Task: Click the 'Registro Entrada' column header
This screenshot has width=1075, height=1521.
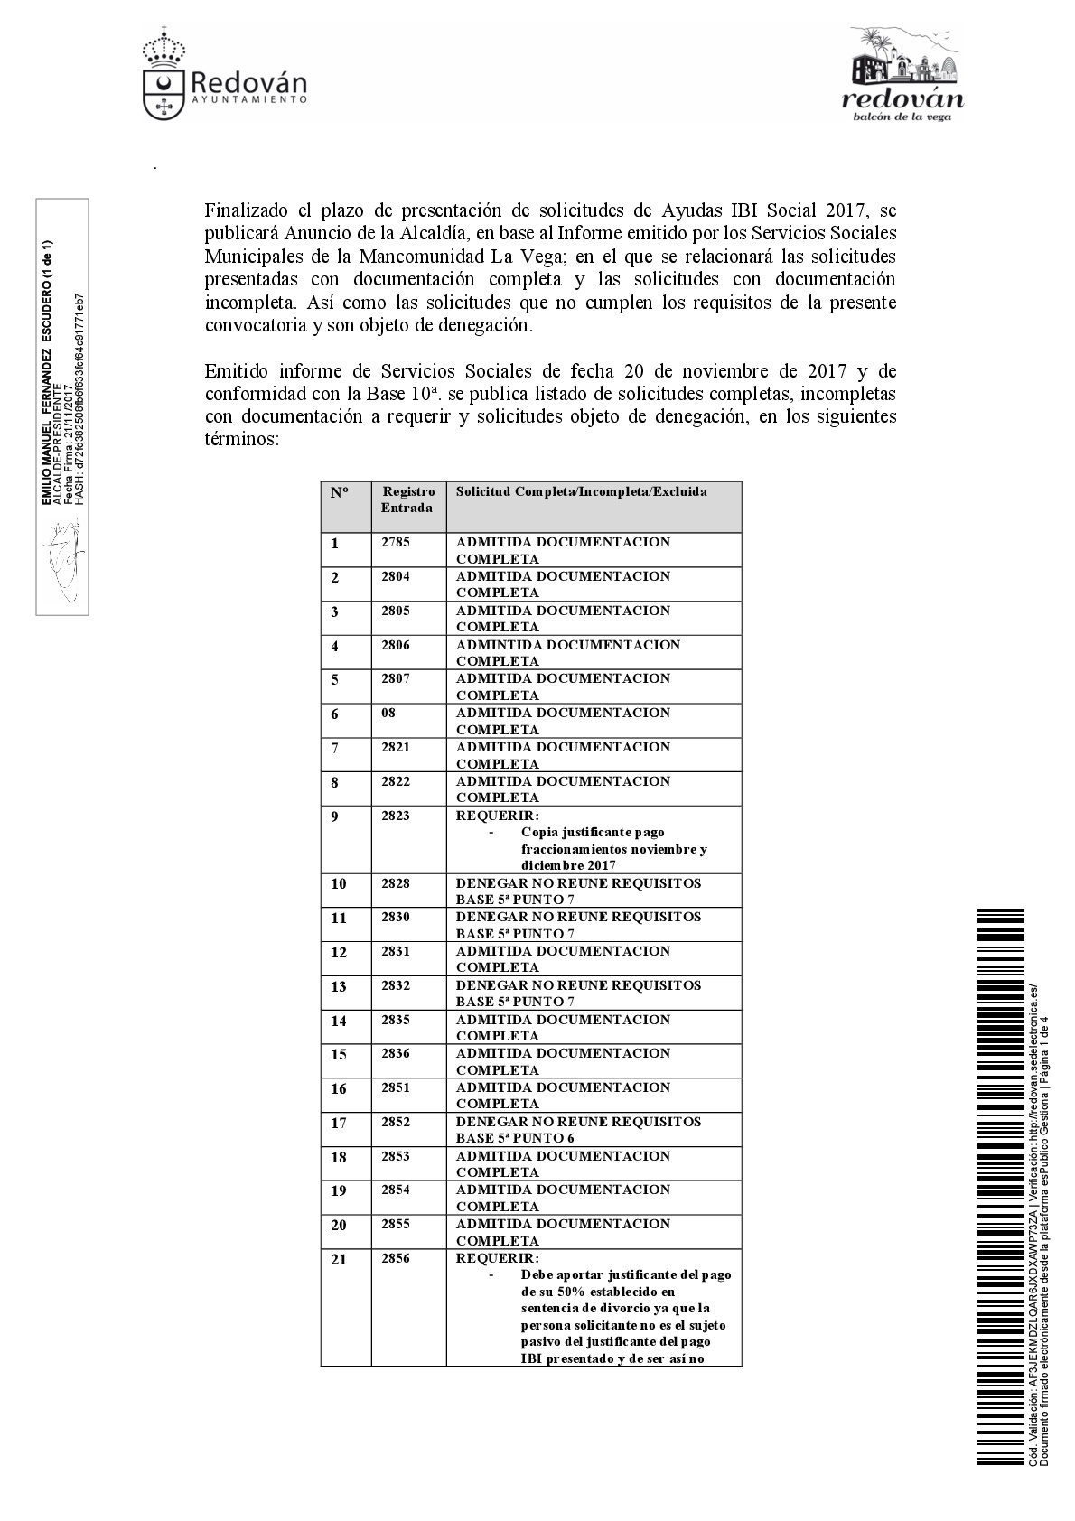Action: coord(407,499)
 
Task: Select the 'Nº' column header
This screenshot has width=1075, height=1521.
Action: coord(339,492)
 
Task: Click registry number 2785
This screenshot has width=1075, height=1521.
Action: coord(396,542)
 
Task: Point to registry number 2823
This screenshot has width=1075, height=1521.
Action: coord(396,816)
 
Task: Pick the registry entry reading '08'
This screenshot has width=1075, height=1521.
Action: coord(388,713)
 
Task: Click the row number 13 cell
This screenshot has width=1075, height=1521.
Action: coord(339,986)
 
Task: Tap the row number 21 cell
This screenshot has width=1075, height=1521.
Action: coord(339,1259)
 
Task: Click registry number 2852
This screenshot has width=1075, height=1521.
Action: coord(396,1122)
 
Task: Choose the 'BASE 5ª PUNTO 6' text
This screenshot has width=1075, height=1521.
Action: coord(515,1138)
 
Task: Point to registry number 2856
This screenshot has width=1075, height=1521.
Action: coord(396,1258)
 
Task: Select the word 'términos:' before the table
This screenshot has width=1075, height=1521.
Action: coord(242,440)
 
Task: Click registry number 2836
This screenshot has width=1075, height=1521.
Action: coord(396,1053)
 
